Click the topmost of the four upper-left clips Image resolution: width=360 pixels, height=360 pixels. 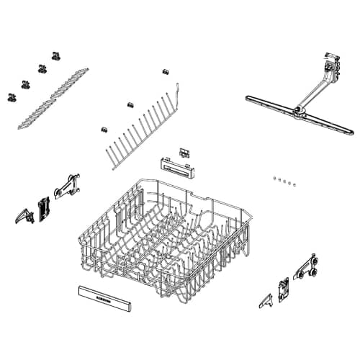click(55, 55)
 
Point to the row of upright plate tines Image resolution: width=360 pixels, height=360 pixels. click(144, 133)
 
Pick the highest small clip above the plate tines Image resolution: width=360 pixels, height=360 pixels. click(165, 72)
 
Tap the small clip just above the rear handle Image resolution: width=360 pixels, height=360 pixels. click(184, 153)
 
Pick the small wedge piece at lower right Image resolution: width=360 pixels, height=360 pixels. click(265, 298)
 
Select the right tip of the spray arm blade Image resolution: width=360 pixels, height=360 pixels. click(350, 134)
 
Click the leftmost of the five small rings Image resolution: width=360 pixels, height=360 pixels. click(275, 176)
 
